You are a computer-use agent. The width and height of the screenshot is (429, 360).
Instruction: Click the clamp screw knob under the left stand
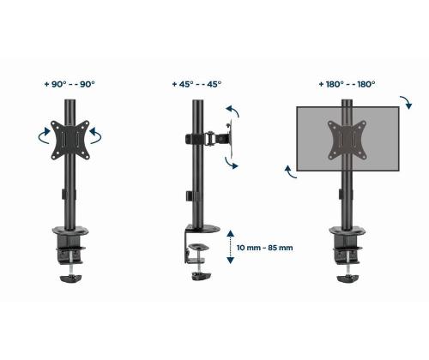point(68,276)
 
